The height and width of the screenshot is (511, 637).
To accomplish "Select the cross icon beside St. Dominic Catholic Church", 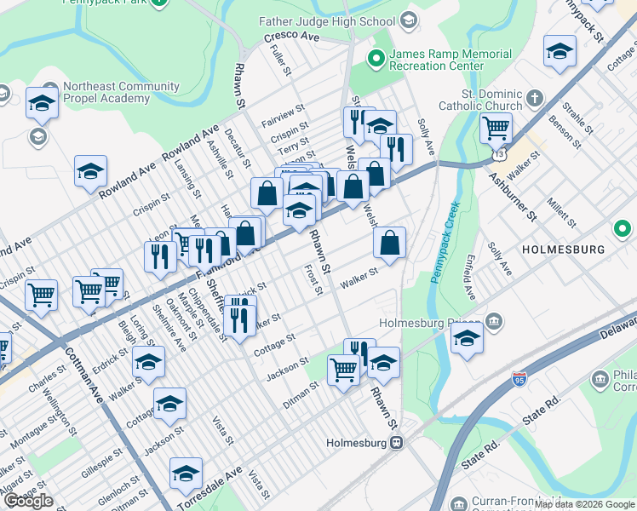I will click(x=534, y=96).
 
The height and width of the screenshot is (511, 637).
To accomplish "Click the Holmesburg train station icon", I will click(x=396, y=443).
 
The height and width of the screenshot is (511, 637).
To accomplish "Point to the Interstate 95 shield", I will click(x=519, y=376).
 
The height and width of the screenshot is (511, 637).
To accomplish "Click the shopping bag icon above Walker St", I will click(x=389, y=244).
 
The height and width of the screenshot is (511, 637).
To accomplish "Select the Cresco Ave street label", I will click(x=290, y=38).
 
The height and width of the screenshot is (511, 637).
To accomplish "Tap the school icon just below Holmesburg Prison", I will click(x=467, y=339).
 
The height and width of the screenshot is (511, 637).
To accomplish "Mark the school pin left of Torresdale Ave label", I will click(x=186, y=474).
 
